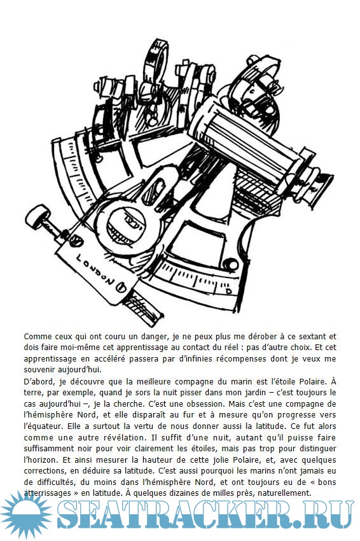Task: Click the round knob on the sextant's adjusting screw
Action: pos(38,216)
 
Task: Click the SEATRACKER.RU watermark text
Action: pos(205,515)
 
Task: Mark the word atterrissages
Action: pos(47,494)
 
